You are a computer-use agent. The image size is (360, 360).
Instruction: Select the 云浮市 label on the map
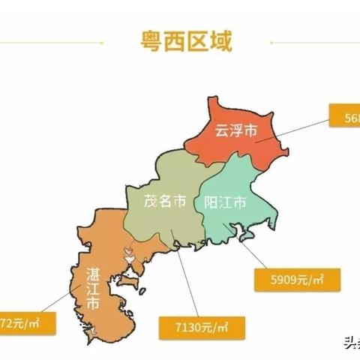[x=235, y=130]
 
